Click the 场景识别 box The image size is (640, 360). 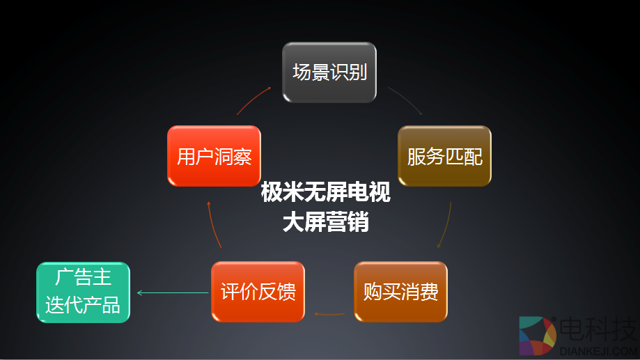coord(329,72)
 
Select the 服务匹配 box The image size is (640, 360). coord(444,156)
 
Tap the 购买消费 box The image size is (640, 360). coord(400,291)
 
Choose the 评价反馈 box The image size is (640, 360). coord(258,291)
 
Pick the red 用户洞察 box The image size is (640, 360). coord(214,156)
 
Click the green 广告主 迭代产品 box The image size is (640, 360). coord(83,292)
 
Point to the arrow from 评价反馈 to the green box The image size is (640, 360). coord(172,292)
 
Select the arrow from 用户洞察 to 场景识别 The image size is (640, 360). coord(253,100)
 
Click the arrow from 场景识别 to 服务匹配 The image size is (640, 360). coord(405,100)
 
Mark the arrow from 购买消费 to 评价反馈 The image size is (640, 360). coord(329,313)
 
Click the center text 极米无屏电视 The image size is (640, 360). coord(325,192)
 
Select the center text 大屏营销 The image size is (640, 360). coord(325,222)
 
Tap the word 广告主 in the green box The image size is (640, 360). coord(83,278)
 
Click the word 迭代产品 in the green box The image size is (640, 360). coord(83,305)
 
